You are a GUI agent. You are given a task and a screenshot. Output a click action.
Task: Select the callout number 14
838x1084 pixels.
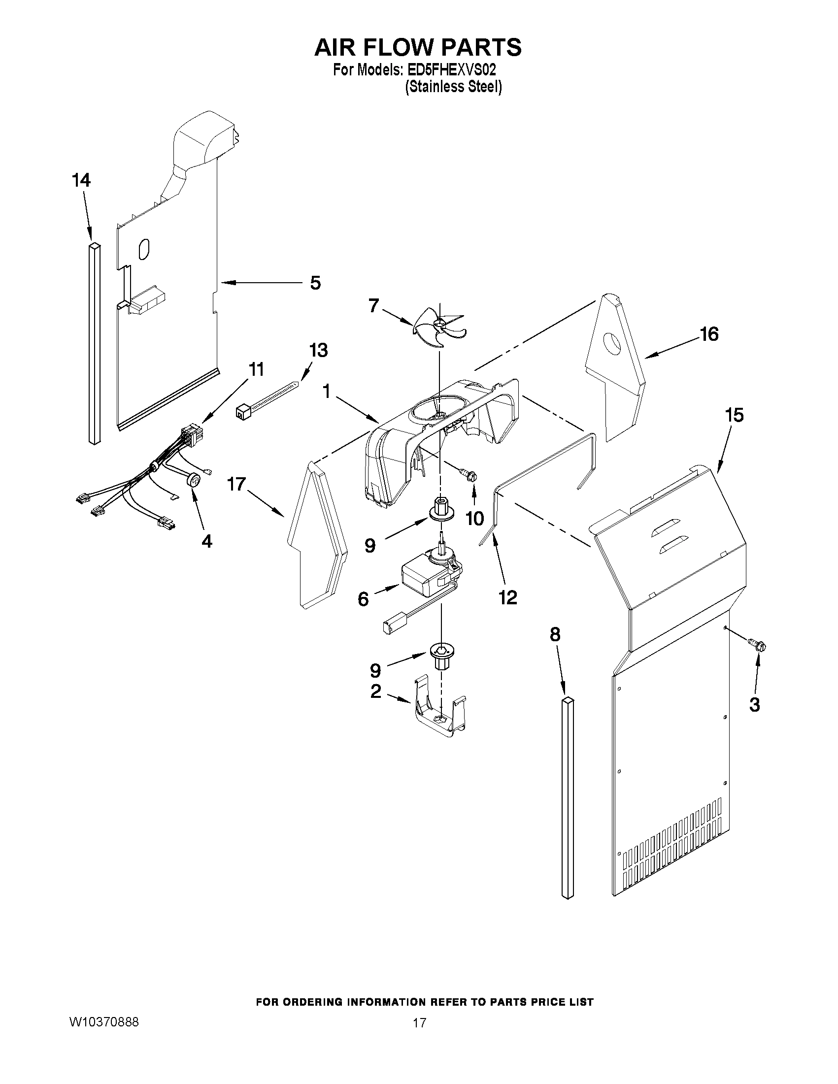coord(81,180)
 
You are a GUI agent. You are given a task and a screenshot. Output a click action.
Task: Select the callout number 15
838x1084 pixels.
coord(734,415)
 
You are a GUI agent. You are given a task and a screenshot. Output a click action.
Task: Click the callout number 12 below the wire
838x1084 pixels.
coord(507,597)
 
